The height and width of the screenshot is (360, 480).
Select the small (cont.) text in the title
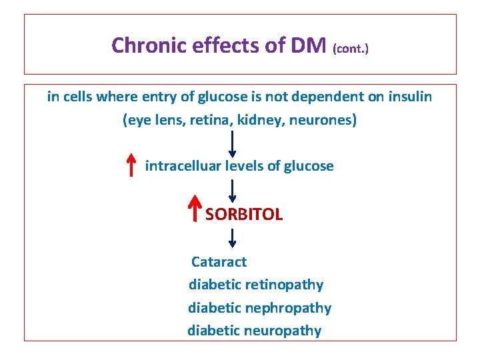pyautogui.click(x=349, y=49)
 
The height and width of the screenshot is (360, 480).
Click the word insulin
pyautogui.click(x=408, y=97)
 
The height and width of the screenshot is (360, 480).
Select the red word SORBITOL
pyautogui.click(x=244, y=215)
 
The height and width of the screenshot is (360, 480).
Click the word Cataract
pyautogui.click(x=219, y=262)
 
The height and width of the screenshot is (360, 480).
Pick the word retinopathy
pyautogui.click(x=284, y=285)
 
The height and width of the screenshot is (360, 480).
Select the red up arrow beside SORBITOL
pyautogui.click(x=195, y=209)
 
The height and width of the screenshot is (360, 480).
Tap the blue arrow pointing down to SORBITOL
pyautogui.click(x=233, y=191)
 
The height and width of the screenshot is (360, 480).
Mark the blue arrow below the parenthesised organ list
pyautogui.click(x=233, y=144)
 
